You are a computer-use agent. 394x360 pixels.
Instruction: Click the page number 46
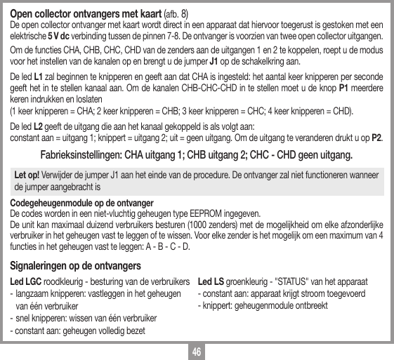(197, 351)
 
